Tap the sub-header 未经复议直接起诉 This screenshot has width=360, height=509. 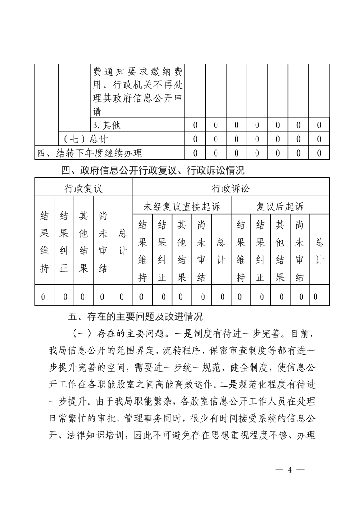pos(182,207)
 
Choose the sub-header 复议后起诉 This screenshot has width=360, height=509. pos(280,207)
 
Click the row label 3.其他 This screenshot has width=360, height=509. pos(107,125)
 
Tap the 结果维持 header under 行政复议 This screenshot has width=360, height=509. pos(44,241)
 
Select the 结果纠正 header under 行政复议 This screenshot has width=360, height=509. pos(64,241)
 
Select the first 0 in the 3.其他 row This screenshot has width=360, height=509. pos(195,125)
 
